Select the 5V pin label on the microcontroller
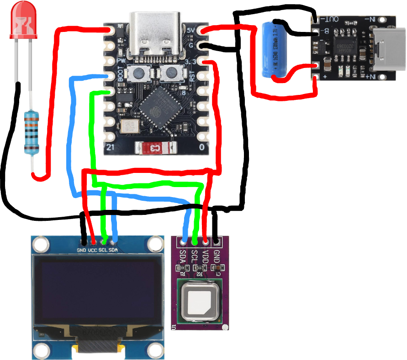pyautogui.click(x=192, y=30)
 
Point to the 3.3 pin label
pyautogui.click(x=192, y=62)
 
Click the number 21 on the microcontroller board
pyautogui.click(x=110, y=147)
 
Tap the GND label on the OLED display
pyautogui.click(x=81, y=250)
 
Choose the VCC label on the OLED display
pyautogui.click(x=93, y=250)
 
